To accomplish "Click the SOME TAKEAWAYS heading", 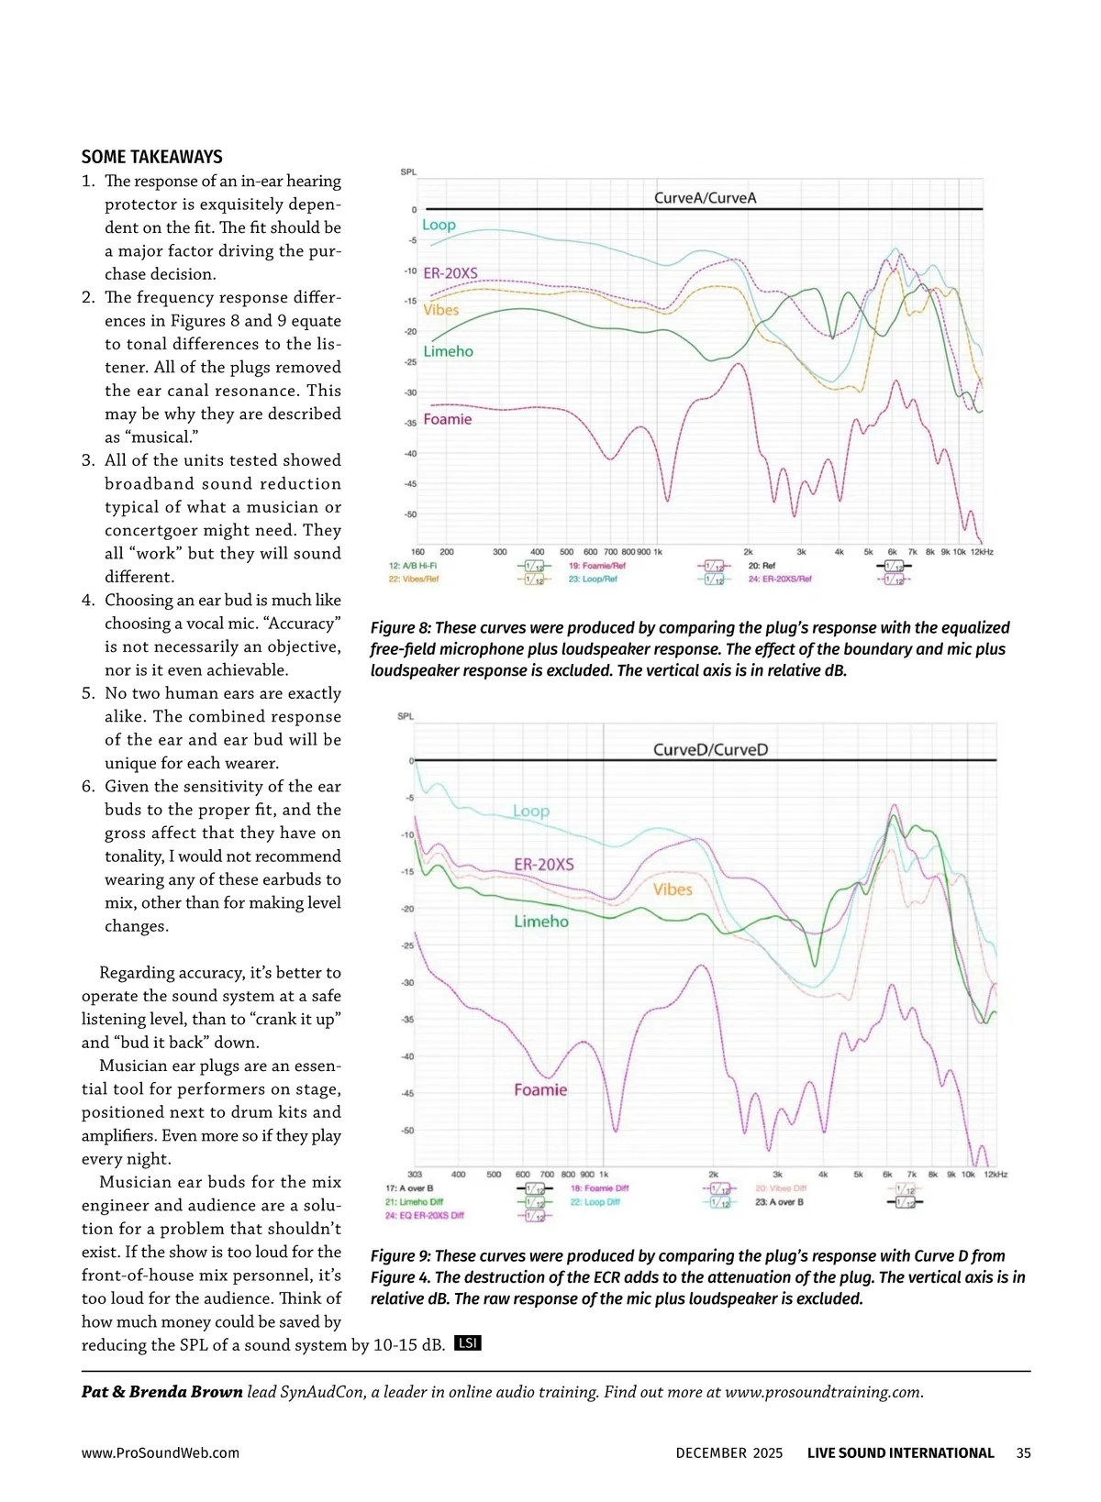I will pyautogui.click(x=151, y=157).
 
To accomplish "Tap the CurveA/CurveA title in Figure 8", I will pyautogui.click(x=705, y=198).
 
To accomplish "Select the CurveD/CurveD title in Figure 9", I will pyautogui.click(x=710, y=750).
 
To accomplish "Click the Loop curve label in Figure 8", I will pyautogui.click(x=439, y=226).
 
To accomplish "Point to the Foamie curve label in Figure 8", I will pyautogui.click(x=448, y=420).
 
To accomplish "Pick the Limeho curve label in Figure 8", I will pyautogui.click(x=448, y=352).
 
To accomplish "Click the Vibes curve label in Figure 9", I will pyautogui.click(x=673, y=889).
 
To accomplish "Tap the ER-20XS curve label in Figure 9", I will pyautogui.click(x=544, y=865).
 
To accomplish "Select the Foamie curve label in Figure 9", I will pyautogui.click(x=540, y=1090).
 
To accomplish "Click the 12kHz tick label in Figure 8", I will pyautogui.click(x=982, y=552).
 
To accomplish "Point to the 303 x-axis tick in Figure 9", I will pyautogui.click(x=415, y=1175).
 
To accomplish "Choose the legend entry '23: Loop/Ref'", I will pyautogui.click(x=593, y=580).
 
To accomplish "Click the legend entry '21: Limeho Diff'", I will pyautogui.click(x=414, y=1202).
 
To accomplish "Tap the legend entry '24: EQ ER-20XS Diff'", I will pyautogui.click(x=424, y=1216).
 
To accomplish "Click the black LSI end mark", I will pyautogui.click(x=468, y=1343).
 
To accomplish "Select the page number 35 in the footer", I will pyautogui.click(x=1023, y=1452).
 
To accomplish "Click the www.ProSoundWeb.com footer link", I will pyautogui.click(x=161, y=1452).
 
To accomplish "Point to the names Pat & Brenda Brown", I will pyautogui.click(x=161, y=1392).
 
